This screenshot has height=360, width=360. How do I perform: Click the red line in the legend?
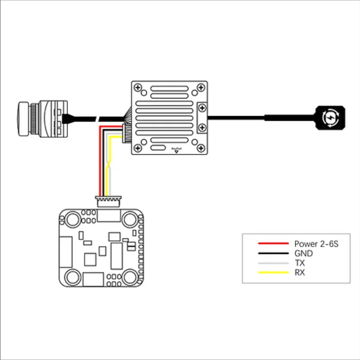pyautogui.click(x=273, y=243)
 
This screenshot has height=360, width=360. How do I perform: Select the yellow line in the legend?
pyautogui.click(x=273, y=272)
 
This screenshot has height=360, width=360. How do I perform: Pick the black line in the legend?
pyautogui.click(x=273, y=253)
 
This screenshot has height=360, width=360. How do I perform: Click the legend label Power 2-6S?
pyautogui.click(x=316, y=244)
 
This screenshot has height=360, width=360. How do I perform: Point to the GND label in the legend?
pyautogui.click(x=303, y=254)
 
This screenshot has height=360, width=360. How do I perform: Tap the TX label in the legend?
pyautogui.click(x=299, y=263)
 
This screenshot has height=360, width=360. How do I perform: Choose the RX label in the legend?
pyautogui.click(x=300, y=272)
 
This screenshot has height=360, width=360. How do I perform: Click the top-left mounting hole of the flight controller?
pyautogui.click(x=72, y=219)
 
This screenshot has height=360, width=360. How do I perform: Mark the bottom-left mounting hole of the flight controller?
pyautogui.click(x=72, y=276)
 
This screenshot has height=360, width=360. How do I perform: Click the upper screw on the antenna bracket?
pyautogui.click(x=202, y=108)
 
